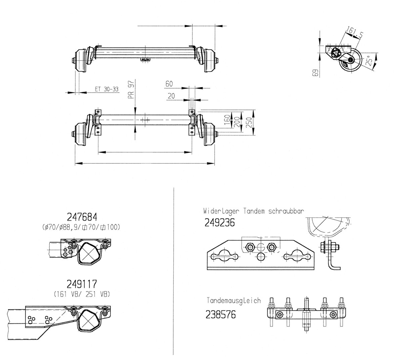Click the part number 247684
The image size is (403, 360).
(82, 217)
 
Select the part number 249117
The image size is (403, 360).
(82, 284)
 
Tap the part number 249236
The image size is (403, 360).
(219, 223)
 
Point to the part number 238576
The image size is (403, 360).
(220, 315)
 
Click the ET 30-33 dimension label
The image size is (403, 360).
(106, 89)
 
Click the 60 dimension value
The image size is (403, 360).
(169, 84)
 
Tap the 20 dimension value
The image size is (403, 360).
(171, 96)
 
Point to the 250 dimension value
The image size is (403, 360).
(249, 122)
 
